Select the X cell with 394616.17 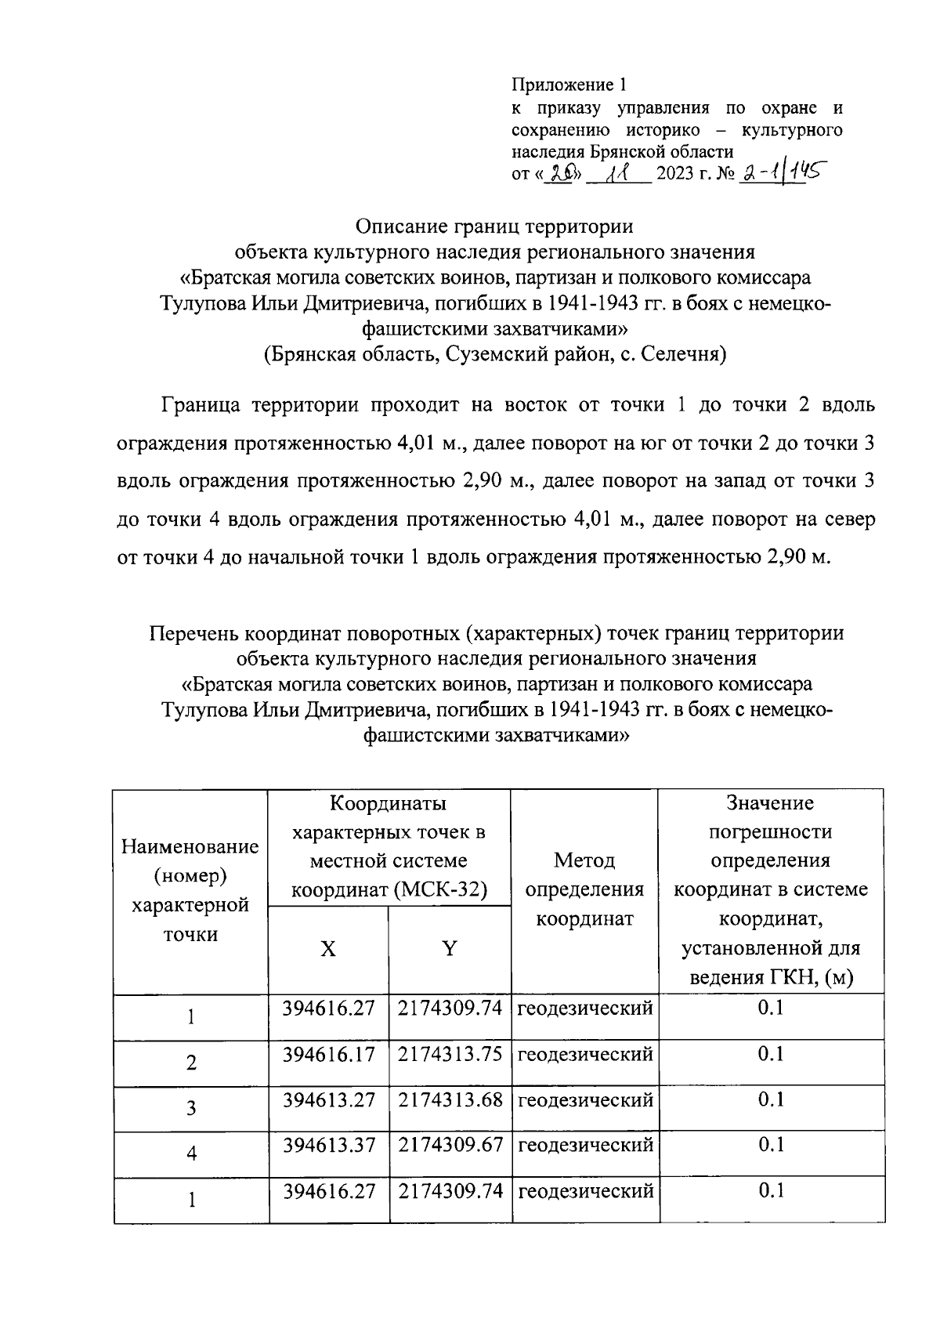329,1054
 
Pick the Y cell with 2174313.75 450,1054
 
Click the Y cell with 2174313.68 450,1100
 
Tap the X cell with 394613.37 329,1146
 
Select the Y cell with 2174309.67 450,1146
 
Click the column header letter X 328,950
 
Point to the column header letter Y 449,950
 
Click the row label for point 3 190,1108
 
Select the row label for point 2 190,1063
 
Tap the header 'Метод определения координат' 584,889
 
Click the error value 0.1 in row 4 771,1146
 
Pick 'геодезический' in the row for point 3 585,1100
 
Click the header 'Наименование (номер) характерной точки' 190,889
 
